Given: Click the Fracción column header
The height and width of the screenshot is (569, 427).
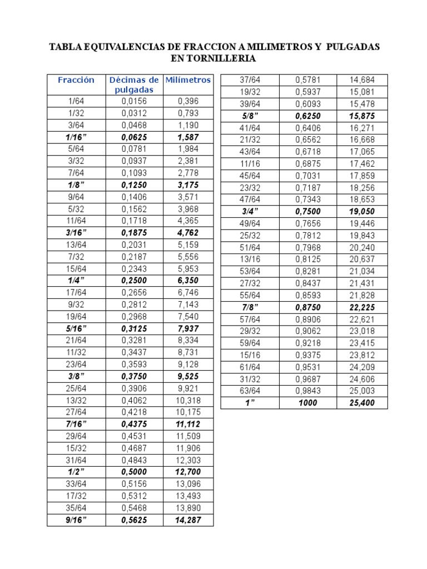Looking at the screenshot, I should point(76,80).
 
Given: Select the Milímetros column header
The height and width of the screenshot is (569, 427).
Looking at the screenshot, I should point(188,80).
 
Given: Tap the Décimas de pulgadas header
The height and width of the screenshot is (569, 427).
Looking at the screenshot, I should point(134,84).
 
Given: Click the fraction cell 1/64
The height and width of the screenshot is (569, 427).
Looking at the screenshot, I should point(76,101).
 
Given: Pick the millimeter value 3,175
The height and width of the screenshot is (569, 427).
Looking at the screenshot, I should point(188,184).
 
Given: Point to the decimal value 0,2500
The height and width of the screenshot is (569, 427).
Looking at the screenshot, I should point(134,281).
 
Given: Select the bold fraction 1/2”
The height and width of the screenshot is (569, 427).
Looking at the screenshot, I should point(76,472).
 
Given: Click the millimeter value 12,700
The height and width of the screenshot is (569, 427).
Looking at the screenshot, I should point(188,472).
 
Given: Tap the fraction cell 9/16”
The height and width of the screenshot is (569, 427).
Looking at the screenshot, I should point(76,520).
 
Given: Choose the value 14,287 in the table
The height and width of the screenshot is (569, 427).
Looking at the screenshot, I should point(188,520).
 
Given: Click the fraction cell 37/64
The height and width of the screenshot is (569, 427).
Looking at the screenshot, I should point(250,80).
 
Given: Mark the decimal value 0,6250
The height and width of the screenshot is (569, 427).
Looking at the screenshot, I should point(307,116).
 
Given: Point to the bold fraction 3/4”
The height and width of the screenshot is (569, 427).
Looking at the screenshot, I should point(250,211).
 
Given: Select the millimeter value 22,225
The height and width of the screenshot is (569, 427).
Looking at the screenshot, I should point(361,307).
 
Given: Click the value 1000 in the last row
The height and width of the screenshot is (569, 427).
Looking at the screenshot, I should point(307,403).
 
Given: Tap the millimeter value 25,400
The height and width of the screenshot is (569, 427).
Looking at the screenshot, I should point(361,403).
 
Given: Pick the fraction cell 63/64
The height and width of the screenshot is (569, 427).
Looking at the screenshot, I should point(250,391).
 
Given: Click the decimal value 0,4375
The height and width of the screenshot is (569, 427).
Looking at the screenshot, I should point(134,425).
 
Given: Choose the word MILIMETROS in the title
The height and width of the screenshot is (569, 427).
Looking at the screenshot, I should point(264,47).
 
